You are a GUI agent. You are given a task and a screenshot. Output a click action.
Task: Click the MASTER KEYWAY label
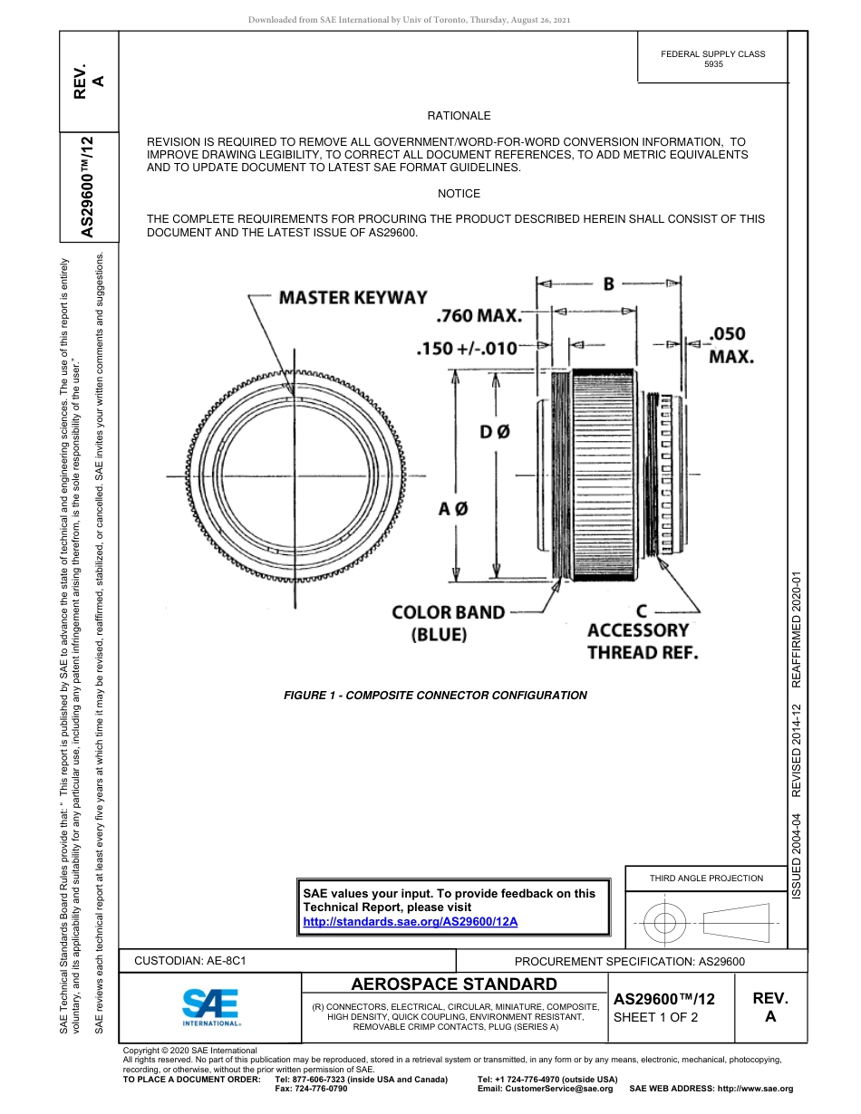(x=353, y=297)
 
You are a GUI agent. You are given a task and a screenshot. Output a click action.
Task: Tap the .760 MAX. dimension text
(x=479, y=317)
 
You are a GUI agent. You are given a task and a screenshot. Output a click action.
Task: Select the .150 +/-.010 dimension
(x=466, y=349)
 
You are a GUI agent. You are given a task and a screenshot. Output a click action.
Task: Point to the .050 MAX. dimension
(x=730, y=344)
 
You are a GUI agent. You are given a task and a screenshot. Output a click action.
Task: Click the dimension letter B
(x=609, y=284)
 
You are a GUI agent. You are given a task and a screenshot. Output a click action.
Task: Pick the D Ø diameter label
(x=495, y=433)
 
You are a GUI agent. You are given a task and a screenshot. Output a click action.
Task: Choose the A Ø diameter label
(x=453, y=509)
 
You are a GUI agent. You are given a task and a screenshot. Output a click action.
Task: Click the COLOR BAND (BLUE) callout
(x=448, y=623)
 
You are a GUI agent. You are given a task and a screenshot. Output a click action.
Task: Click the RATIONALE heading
(x=459, y=116)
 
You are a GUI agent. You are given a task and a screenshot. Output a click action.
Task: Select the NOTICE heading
(x=459, y=194)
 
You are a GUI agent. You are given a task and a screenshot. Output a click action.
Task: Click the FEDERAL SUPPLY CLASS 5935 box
(x=712, y=59)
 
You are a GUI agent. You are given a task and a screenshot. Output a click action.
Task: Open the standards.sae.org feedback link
(x=410, y=921)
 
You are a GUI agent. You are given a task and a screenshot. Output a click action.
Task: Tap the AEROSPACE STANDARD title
(x=454, y=984)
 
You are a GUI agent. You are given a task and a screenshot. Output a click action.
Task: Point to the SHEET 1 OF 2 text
(x=656, y=1017)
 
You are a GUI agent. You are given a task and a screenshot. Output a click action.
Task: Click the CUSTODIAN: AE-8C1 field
(x=190, y=960)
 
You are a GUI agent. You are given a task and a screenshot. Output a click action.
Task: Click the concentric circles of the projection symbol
(x=665, y=924)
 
